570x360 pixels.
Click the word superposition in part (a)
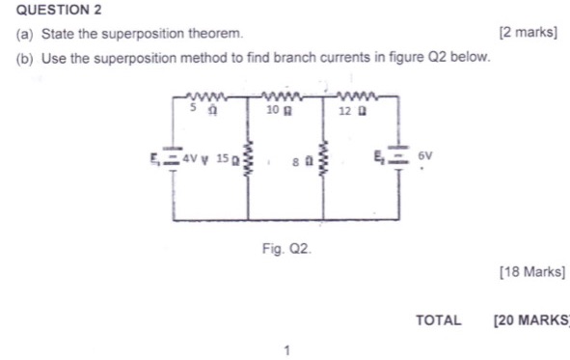139,34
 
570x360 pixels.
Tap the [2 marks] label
528,34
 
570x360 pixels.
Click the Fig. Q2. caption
286,249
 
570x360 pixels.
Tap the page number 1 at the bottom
286,349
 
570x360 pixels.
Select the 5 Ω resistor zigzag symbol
209,96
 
